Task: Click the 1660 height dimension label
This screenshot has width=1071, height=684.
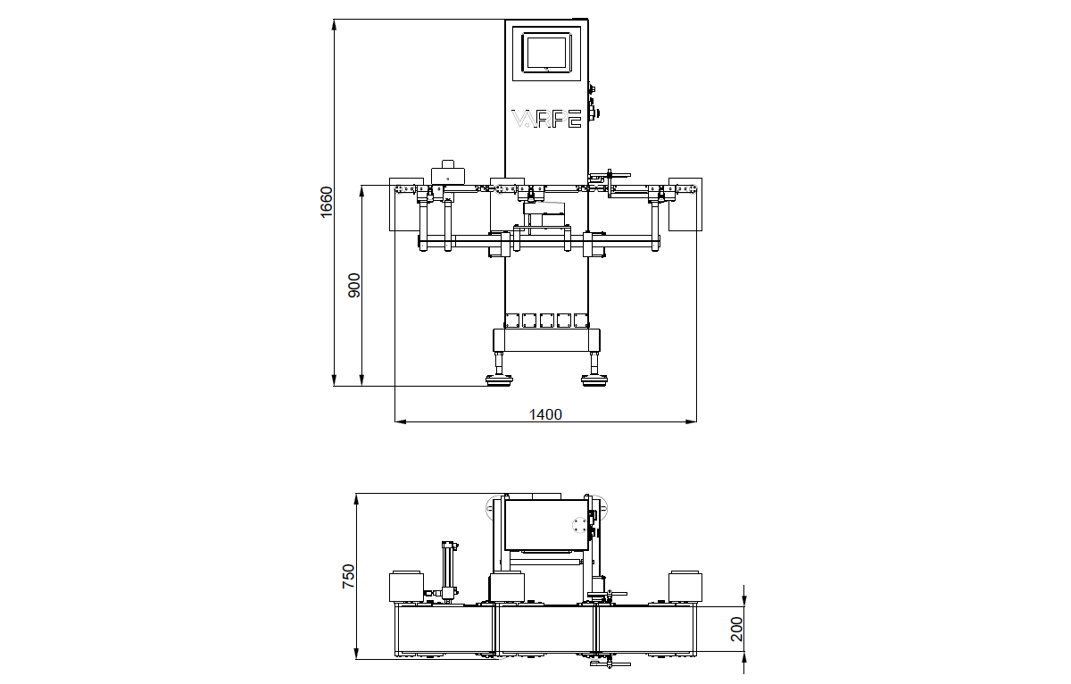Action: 327,202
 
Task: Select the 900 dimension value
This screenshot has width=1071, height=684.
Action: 354,285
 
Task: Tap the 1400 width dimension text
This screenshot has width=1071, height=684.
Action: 545,414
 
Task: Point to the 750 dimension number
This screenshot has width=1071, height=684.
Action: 349,574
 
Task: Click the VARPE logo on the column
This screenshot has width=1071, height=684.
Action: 546,119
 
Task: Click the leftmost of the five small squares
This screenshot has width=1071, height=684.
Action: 511,320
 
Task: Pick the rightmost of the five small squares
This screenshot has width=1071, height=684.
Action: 581,320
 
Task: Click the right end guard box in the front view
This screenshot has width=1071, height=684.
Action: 685,205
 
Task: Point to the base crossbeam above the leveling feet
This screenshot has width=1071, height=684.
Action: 545,340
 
